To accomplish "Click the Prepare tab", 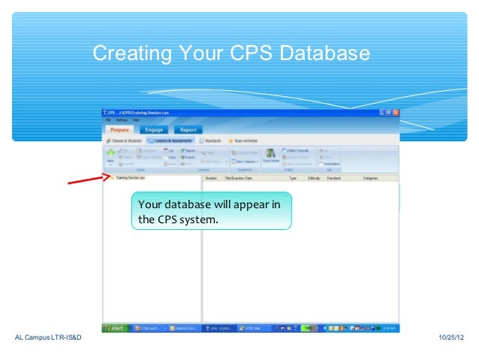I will (120, 129).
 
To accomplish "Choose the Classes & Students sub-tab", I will (125, 141).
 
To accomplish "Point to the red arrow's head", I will (106, 177).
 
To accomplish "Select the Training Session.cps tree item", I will (131, 178).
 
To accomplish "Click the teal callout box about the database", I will (211, 212).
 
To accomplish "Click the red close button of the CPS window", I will (396, 112).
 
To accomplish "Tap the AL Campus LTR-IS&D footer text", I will (48, 343).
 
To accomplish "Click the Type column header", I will (293, 178).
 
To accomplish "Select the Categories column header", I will (370, 178).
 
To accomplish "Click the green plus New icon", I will (110, 153).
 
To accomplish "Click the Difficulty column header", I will (313, 178).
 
